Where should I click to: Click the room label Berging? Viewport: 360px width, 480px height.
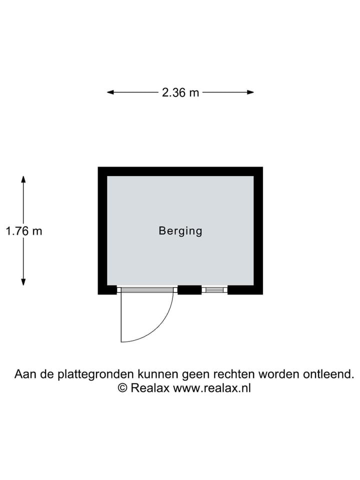180,231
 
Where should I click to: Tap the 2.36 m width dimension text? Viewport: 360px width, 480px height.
180,92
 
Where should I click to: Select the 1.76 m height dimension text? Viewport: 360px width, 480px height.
24,231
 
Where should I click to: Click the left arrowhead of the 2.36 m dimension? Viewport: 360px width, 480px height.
110,92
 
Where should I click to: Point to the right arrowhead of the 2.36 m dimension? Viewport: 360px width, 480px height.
250,92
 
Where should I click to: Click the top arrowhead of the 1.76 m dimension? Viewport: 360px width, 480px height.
23,179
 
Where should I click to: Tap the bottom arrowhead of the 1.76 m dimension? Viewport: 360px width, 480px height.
23,282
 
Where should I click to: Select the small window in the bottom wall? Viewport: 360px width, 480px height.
214,290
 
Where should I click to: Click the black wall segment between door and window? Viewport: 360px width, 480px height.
189,290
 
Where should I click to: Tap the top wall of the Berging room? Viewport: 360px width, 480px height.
180,171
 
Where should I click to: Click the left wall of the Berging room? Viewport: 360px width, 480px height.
102,230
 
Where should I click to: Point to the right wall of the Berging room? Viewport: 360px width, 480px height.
258,230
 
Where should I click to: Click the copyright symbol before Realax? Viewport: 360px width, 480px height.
123,388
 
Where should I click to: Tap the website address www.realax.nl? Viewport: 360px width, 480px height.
212,388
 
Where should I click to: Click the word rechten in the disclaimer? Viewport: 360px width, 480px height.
234,374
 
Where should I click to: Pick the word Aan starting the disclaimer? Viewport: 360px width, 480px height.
23,374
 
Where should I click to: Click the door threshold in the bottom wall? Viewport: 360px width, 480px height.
147,289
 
